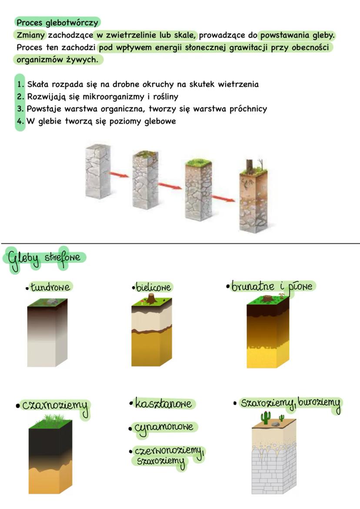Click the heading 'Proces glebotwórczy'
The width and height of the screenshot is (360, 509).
57,23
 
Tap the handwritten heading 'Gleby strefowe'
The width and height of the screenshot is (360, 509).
44,259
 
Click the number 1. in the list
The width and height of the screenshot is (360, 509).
20,84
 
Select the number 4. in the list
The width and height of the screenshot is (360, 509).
20,121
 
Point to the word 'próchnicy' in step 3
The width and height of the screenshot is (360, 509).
248,109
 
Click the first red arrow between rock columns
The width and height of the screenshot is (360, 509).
119,175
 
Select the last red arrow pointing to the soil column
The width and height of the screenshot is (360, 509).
223,198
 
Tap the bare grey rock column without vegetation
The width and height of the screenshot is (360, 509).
98,171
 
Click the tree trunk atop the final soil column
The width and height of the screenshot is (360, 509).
249,166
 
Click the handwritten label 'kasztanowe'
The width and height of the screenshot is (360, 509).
163,403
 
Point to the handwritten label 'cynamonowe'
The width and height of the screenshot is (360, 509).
164,428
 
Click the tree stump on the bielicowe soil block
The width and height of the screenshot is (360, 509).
151,299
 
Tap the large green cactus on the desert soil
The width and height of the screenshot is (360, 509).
266,417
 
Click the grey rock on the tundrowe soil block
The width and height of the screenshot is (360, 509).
51,302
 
